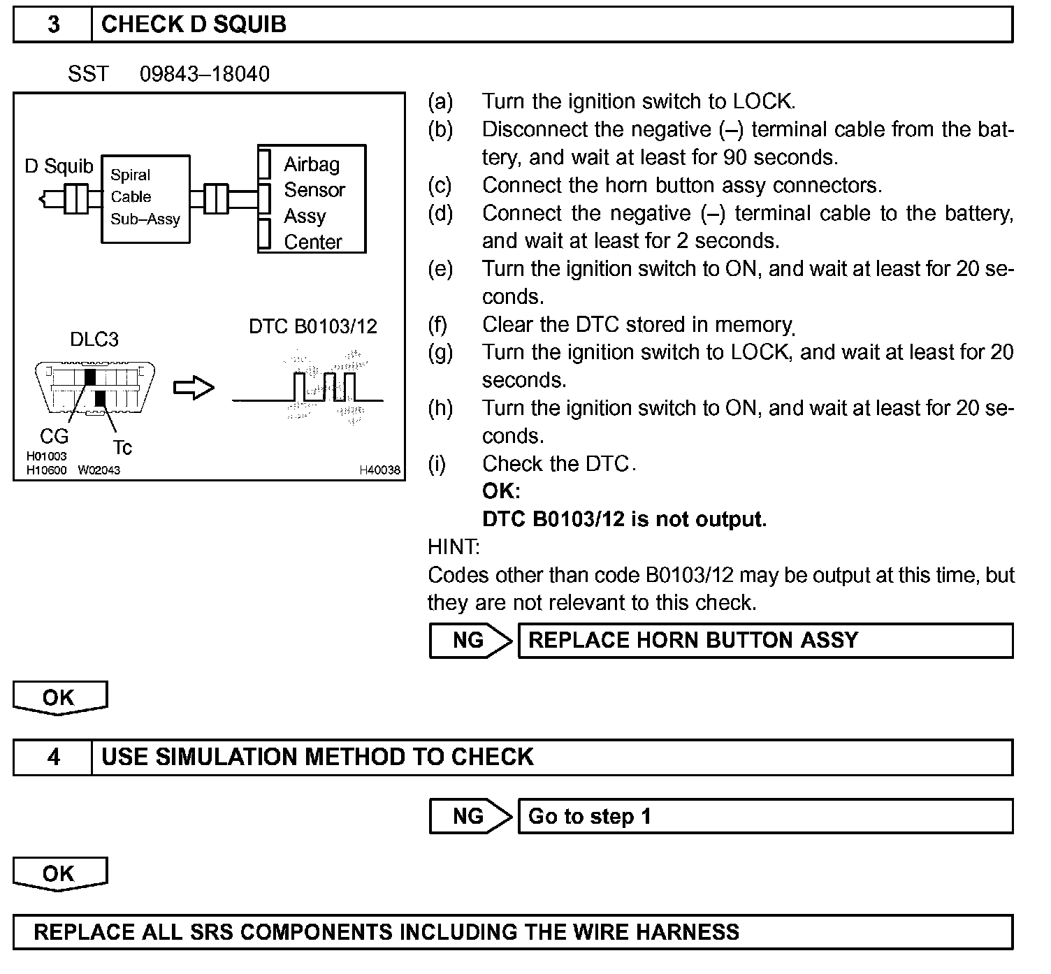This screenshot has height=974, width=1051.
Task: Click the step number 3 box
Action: (53, 25)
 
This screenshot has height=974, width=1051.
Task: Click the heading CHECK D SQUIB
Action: (194, 25)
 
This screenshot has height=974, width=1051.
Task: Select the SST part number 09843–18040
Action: (204, 74)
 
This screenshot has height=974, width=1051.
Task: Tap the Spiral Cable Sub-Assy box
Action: (145, 198)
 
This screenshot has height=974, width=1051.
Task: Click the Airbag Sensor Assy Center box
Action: (312, 200)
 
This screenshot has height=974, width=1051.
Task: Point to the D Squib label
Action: (59, 166)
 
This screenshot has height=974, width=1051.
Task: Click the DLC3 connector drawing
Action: (94, 388)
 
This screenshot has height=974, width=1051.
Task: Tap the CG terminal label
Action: (54, 436)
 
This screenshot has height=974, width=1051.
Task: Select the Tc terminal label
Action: (122, 447)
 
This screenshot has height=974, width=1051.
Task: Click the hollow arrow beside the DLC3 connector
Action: (194, 388)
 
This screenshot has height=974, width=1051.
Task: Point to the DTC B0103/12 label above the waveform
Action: (312, 326)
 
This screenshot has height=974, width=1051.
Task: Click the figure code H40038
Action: (380, 470)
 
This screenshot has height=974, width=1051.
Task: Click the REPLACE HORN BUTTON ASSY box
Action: (765, 641)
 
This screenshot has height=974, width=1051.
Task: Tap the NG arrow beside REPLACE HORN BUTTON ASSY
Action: (470, 641)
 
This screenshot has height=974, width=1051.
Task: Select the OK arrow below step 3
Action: (59, 698)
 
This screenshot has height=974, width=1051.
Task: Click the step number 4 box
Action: (53, 757)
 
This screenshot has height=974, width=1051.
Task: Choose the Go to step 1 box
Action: (765, 817)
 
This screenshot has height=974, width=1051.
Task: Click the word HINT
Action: (454, 546)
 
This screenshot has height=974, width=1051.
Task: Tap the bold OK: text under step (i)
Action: (501, 491)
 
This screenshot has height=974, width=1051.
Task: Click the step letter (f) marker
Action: (438, 325)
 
